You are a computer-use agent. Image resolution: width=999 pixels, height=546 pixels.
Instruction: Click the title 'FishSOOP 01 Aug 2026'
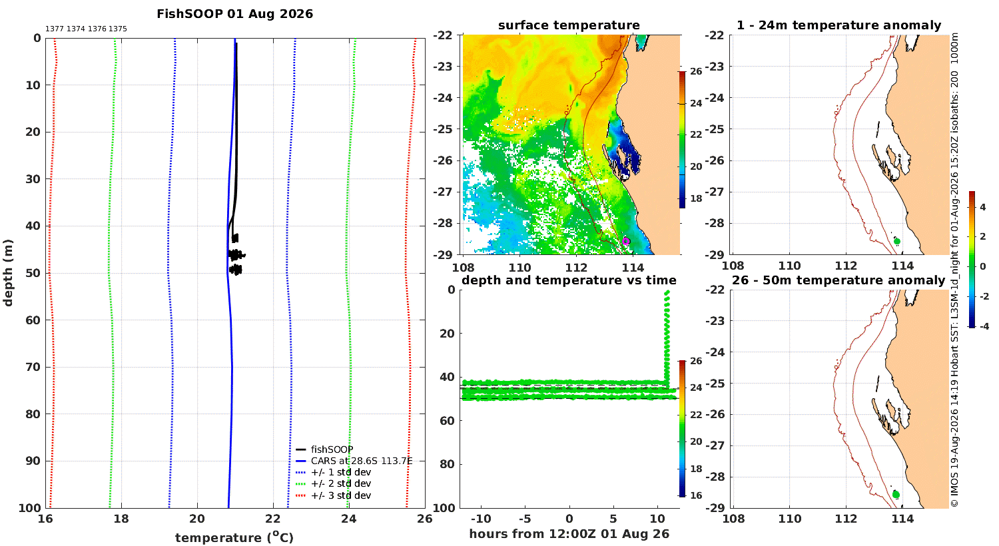[234, 14]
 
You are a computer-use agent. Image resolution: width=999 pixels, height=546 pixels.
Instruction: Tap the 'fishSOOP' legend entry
[332, 449]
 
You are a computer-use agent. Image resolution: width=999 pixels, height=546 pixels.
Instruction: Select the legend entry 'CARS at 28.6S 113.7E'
[362, 461]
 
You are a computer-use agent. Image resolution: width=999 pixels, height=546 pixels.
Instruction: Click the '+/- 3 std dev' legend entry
[341, 495]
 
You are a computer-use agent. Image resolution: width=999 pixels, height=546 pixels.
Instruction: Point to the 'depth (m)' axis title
[8, 273]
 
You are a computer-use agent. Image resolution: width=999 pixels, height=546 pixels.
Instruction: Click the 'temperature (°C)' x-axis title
[234, 537]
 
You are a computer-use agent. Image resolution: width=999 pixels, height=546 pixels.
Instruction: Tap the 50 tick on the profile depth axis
[33, 273]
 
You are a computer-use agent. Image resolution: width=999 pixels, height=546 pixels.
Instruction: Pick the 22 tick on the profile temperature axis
[273, 519]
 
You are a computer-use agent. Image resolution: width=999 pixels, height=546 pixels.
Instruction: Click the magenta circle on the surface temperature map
[626, 241]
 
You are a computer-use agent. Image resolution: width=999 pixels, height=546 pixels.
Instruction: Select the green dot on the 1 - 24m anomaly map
[897, 241]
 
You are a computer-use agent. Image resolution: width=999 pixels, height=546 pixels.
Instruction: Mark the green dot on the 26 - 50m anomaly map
[896, 495]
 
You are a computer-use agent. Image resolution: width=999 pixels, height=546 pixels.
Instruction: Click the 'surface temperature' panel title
[569, 25]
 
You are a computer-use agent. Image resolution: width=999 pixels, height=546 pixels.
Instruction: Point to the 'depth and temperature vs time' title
[569, 280]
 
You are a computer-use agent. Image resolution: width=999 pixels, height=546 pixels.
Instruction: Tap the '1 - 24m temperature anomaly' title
[839, 25]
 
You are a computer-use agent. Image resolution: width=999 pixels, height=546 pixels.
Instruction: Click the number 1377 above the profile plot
[55, 29]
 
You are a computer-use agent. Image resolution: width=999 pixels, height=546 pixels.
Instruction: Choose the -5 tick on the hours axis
[525, 519]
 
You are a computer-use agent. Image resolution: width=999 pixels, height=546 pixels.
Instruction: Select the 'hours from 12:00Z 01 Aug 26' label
[569, 534]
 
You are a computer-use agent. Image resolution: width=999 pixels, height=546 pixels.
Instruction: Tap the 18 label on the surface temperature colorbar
[696, 198]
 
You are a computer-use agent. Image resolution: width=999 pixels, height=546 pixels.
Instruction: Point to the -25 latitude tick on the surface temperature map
[442, 129]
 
